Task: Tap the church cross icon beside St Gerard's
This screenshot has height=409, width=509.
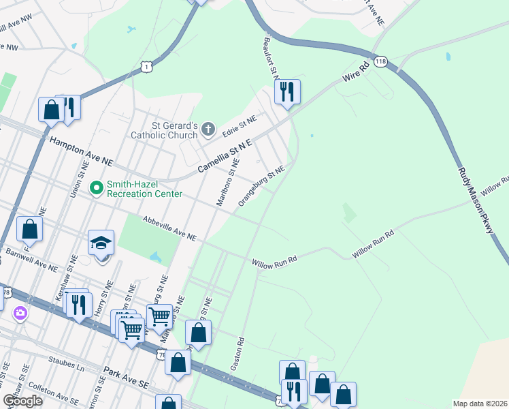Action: point(208,128)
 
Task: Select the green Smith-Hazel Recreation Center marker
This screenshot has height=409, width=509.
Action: point(97,186)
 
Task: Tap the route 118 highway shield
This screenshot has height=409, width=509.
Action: point(379,61)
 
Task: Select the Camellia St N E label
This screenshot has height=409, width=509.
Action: point(225,156)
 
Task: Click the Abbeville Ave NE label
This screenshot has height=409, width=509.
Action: point(169,228)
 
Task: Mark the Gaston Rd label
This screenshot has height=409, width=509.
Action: point(237,353)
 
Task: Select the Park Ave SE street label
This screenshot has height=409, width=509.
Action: point(125,379)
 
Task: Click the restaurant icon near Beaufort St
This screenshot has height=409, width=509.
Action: point(287,91)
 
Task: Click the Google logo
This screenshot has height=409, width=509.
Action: point(22,400)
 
